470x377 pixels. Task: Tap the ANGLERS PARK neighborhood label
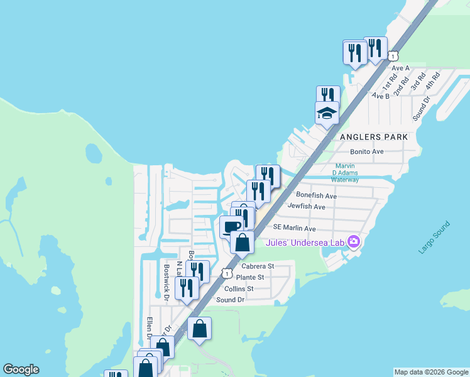point(374,136)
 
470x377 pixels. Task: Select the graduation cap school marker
point(327,114)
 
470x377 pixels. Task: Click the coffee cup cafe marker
point(231,226)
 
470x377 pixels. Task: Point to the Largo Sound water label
point(434,238)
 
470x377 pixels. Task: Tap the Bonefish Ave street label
point(317,196)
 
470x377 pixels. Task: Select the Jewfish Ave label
point(306,206)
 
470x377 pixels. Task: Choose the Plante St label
point(250,277)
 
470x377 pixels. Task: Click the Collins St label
point(239,289)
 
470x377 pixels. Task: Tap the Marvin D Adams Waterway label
point(345,173)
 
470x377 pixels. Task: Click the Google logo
point(21,369)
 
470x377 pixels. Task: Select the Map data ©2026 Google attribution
point(430,372)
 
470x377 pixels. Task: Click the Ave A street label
point(400,67)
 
